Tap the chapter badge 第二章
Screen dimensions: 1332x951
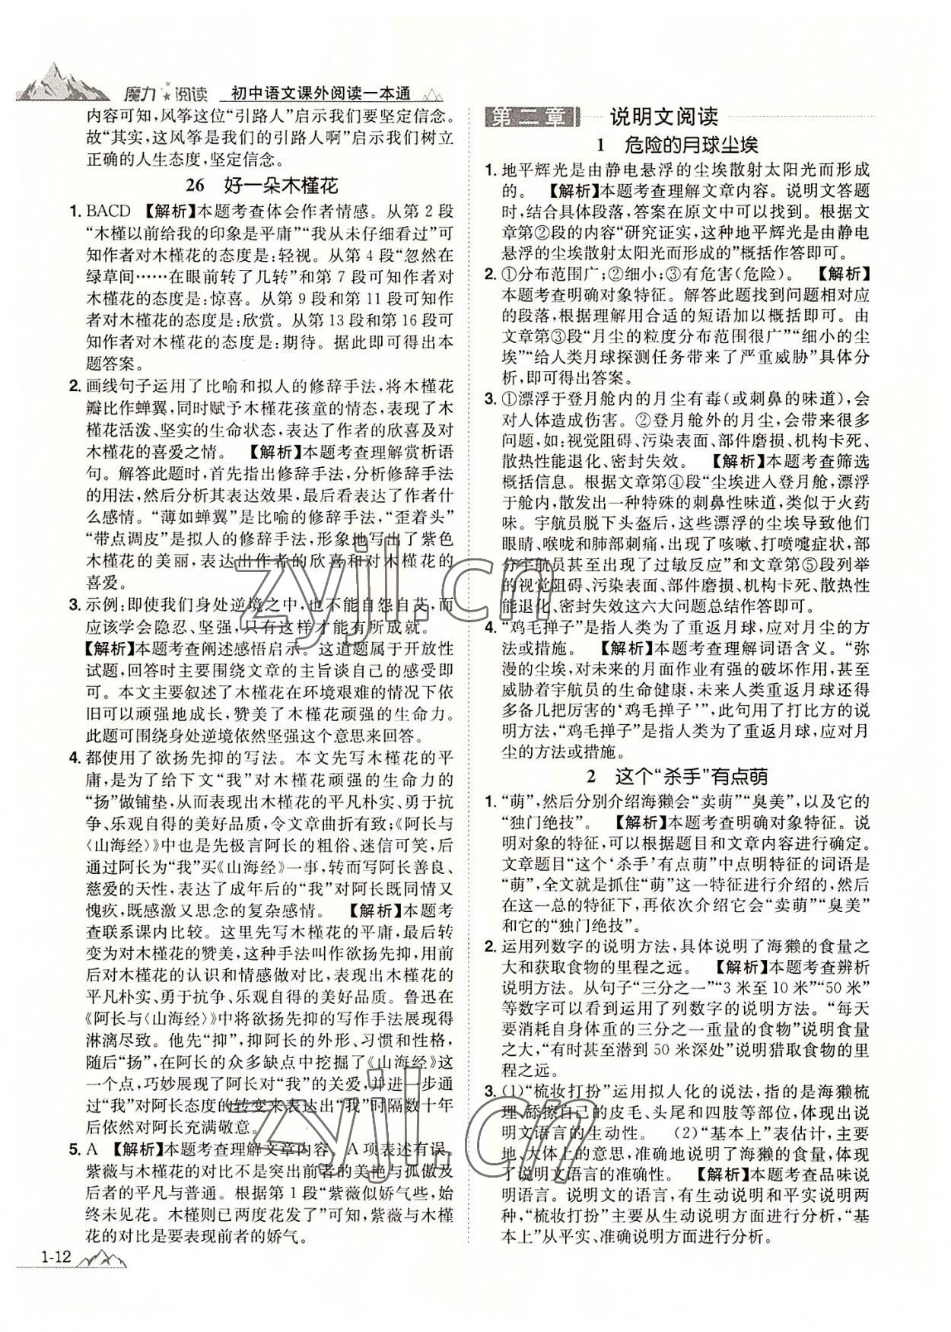click(x=531, y=117)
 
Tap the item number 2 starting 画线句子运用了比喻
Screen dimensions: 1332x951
click(x=75, y=385)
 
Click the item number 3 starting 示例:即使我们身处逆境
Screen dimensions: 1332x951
click(x=75, y=606)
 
